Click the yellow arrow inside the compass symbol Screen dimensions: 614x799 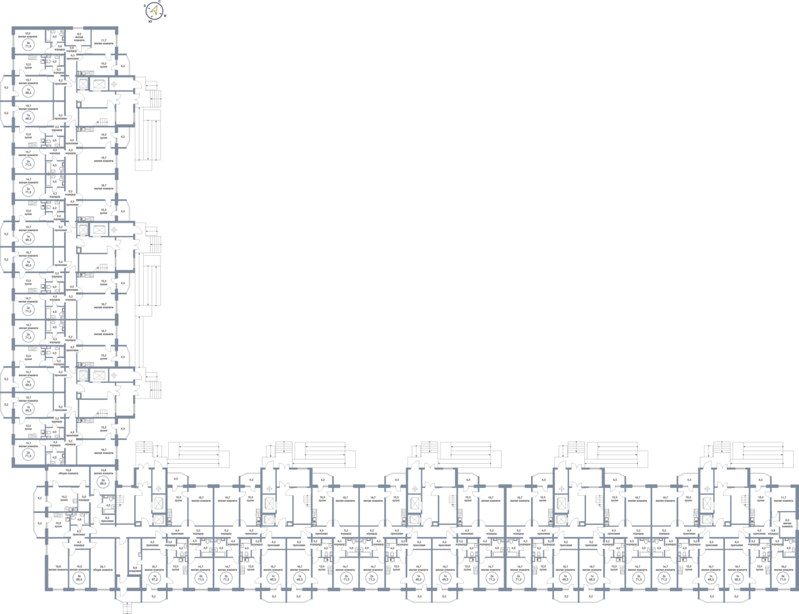coord(154,10)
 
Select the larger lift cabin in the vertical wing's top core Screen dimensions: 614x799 coord(98,84)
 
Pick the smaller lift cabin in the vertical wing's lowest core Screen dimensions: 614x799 coord(83,375)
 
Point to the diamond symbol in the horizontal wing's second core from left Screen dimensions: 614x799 coord(268,489)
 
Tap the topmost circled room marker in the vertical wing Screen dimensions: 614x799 coord(28,45)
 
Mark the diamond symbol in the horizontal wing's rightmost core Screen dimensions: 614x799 coord(706,489)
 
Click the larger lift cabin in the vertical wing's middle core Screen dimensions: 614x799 coord(98,229)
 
